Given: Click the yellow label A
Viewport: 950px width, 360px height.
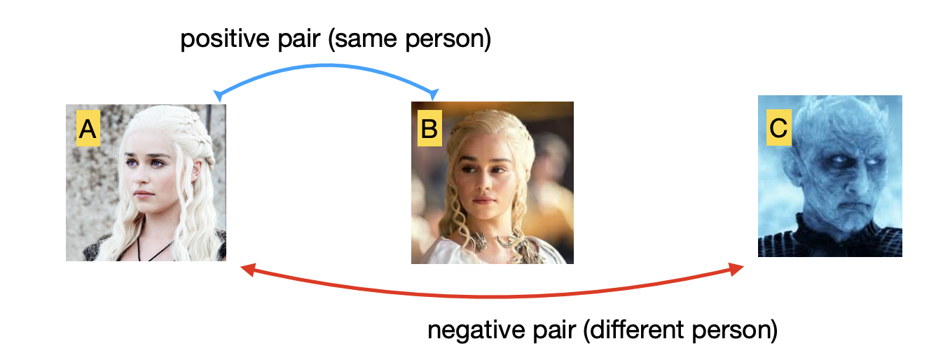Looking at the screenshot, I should tap(88, 130).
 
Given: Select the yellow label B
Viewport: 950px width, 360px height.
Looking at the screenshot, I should tap(429, 129).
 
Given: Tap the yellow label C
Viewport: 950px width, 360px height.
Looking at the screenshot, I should tap(778, 128).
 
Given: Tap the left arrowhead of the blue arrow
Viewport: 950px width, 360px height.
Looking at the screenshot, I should tap(219, 95).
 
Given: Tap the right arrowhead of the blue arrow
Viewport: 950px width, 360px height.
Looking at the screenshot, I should tap(434, 95).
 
